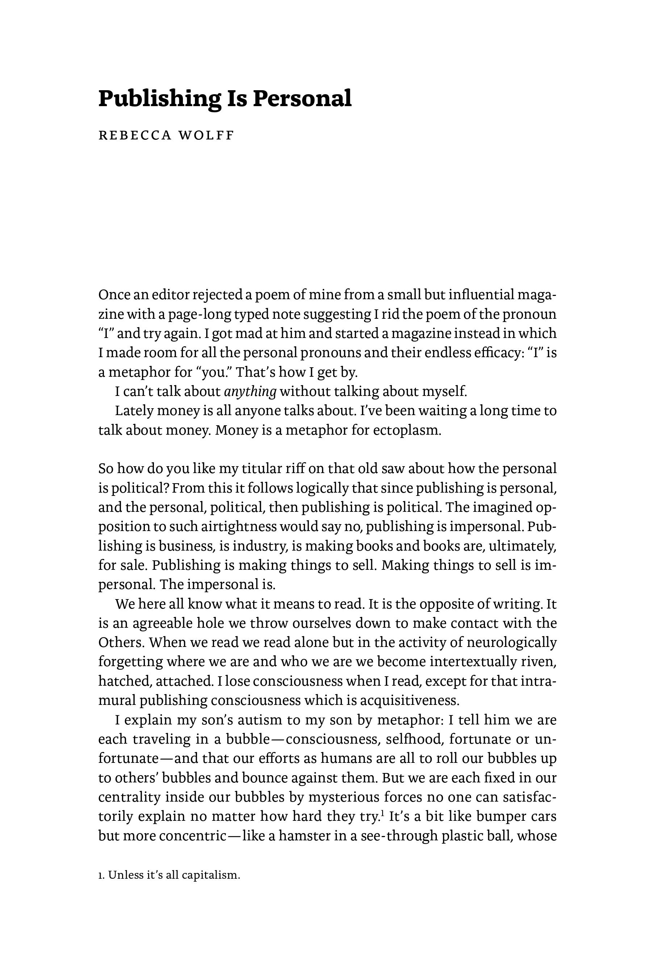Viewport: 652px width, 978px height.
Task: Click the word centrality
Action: click(x=129, y=797)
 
